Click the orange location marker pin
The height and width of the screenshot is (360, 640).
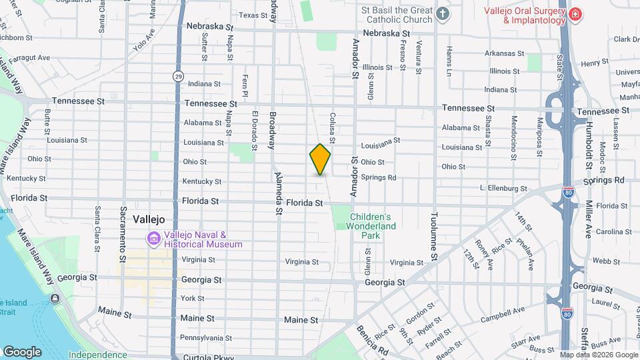(320, 159)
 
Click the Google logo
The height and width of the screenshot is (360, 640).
(22, 351)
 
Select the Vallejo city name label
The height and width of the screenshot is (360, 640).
(149, 219)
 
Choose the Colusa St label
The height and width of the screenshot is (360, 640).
(331, 127)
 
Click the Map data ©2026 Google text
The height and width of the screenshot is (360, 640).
(598, 355)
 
